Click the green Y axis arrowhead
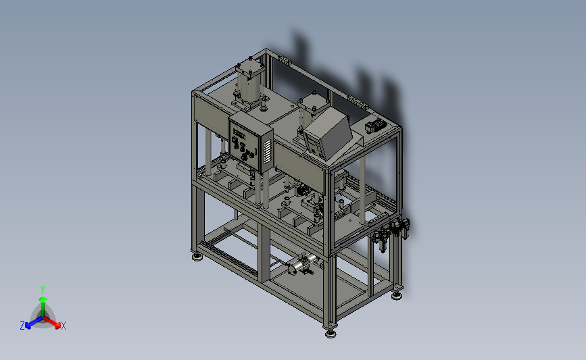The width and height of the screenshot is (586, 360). (x=43, y=299)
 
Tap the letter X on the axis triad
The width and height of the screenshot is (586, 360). (x=64, y=326)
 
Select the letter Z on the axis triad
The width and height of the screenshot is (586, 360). (x=22, y=326)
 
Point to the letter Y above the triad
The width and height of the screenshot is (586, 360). (x=43, y=290)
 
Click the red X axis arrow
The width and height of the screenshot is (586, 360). (x=51, y=322)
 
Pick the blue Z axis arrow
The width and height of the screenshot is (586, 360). (x=34, y=322)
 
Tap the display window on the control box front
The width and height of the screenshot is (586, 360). (x=239, y=133)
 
